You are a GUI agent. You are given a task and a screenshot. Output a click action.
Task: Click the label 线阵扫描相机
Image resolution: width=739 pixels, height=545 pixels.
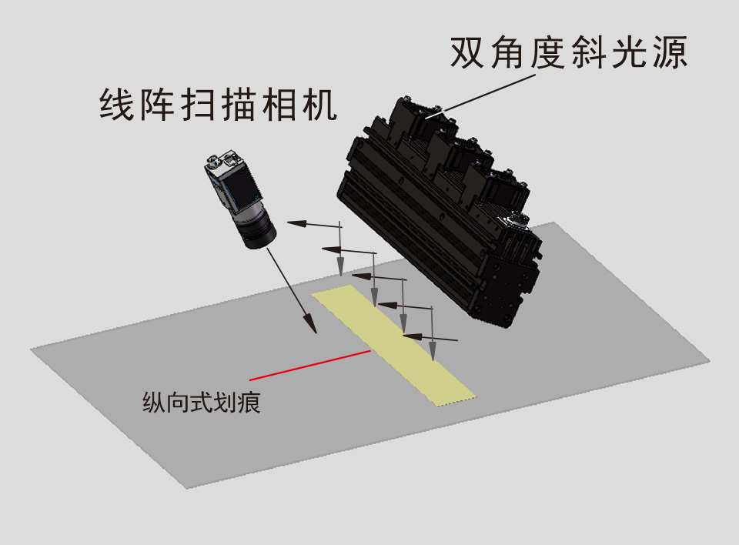[218, 105]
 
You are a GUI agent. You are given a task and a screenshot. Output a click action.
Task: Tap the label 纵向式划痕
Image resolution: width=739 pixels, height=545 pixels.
[201, 403]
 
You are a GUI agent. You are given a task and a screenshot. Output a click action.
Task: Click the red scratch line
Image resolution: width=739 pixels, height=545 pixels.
[309, 366]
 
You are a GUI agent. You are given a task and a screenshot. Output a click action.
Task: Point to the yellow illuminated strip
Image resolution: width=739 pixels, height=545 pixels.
[393, 345]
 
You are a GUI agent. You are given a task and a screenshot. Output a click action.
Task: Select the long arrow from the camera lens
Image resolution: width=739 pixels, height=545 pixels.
[292, 290]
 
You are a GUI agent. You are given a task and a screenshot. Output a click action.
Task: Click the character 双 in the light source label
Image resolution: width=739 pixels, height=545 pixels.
[467, 52]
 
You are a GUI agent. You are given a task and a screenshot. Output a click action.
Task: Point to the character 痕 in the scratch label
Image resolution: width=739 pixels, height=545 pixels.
[249, 403]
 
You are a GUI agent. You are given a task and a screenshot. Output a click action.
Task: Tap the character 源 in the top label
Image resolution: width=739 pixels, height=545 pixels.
[670, 52]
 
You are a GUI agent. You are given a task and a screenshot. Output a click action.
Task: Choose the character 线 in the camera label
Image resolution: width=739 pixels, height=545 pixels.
[116, 105]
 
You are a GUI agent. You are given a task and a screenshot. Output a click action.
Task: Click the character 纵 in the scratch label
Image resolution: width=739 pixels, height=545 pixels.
[154, 403]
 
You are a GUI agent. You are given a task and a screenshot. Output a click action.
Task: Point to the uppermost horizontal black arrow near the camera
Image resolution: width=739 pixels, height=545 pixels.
[314, 225]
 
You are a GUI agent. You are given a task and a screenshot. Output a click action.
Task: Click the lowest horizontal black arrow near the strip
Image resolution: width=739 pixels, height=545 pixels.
[430, 337]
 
